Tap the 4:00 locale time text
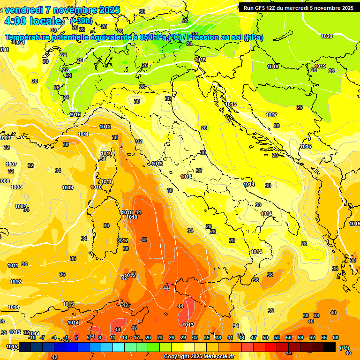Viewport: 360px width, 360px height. click(x=33, y=21)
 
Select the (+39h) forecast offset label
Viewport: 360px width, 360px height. click(x=81, y=21)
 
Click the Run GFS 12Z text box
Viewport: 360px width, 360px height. click(x=298, y=7)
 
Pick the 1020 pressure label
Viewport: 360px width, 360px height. click(x=327, y=36)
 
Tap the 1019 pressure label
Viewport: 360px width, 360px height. click(x=320, y=66)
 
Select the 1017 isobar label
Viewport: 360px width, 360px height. click(x=271, y=115)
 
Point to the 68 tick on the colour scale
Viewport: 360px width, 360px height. click(x=336, y=337)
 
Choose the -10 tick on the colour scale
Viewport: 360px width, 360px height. click(x=32, y=337)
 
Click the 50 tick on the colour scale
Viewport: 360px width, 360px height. click(x=265, y=337)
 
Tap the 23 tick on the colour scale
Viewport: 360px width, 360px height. click(x=160, y=337)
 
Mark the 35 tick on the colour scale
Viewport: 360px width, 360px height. click(x=207, y=337)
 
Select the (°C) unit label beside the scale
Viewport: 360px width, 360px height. click(x=345, y=347)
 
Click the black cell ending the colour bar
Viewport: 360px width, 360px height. click(x=330, y=347)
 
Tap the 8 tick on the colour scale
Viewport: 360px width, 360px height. click(x=100, y=337)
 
